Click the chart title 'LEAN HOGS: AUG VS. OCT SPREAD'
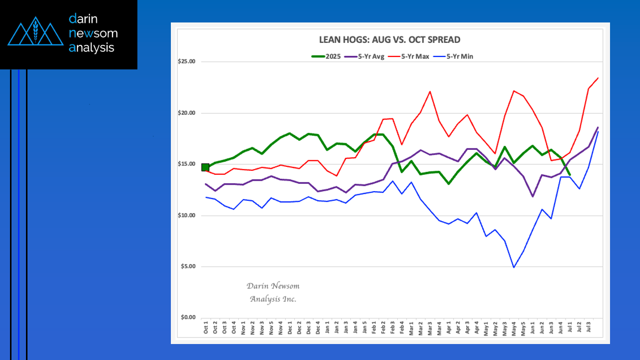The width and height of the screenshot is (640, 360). pos(390,39)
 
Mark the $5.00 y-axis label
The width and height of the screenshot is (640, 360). pos(188,267)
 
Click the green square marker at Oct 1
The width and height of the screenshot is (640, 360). pos(205,167)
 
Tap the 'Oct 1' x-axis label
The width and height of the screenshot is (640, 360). pos(206,328)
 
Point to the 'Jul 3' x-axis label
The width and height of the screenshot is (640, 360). pos(589,328)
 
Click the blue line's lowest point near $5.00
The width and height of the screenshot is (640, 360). pos(514,268)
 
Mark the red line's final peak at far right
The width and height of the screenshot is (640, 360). pos(598,78)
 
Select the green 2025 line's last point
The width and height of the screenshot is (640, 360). pos(570,174)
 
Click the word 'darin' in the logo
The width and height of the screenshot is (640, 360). pos(83,19)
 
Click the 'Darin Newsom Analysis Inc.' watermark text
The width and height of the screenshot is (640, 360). pos(273,293)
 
